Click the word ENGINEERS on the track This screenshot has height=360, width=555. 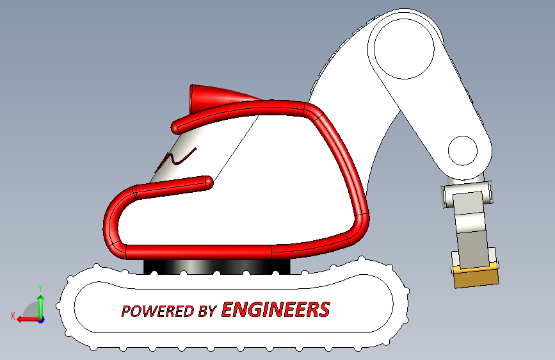coord(276,310)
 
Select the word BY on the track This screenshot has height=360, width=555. coord(207,311)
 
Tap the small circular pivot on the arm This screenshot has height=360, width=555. coord(462,151)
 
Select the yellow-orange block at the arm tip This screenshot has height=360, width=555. coord(475,275)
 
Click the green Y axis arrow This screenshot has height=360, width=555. coord(40,304)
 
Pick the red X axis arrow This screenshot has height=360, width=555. coord(24,318)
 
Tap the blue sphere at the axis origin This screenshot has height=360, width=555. coord(40,318)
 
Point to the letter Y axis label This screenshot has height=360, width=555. coord(40,288)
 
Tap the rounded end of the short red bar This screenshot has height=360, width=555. coord(206,182)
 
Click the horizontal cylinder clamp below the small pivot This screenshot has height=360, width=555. coord(468,192)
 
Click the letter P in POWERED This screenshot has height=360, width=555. coord(126,312)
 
